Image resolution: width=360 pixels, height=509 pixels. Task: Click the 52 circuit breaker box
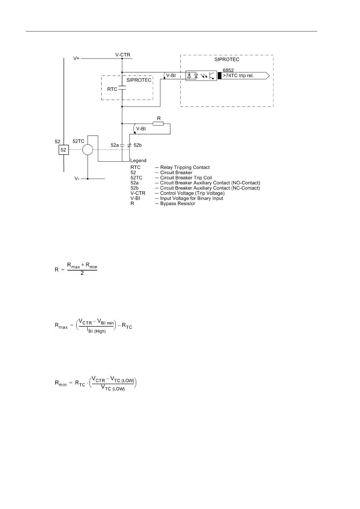click(x=63, y=150)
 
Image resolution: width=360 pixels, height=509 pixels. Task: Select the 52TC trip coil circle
click(x=88, y=150)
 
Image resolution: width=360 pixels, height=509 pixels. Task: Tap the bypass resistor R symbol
click(x=158, y=124)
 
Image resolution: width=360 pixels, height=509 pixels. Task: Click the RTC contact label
click(x=112, y=89)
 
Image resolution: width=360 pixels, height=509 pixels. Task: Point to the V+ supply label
click(x=77, y=58)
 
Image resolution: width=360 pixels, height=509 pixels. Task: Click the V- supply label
click(x=77, y=179)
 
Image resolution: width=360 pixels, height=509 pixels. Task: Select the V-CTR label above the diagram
click(x=123, y=55)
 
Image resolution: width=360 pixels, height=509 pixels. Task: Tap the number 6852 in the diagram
click(x=228, y=70)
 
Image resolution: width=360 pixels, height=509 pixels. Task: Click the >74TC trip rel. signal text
click(x=238, y=76)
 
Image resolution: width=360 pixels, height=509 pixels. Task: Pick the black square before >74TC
click(x=220, y=76)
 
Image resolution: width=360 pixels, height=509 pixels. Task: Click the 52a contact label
click(x=115, y=145)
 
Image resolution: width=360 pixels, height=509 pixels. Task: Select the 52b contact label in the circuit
click(x=138, y=145)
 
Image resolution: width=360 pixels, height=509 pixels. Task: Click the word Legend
click(x=138, y=160)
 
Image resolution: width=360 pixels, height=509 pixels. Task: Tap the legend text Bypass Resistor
click(x=178, y=203)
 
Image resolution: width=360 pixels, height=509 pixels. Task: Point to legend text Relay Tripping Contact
click(x=185, y=167)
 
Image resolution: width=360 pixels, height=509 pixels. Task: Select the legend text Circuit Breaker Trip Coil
click(x=186, y=178)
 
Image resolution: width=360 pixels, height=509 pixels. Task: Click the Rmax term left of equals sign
click(x=61, y=326)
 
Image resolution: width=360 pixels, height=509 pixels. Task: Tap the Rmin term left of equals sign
click(x=61, y=383)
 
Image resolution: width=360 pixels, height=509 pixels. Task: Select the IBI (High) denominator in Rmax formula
click(x=97, y=331)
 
